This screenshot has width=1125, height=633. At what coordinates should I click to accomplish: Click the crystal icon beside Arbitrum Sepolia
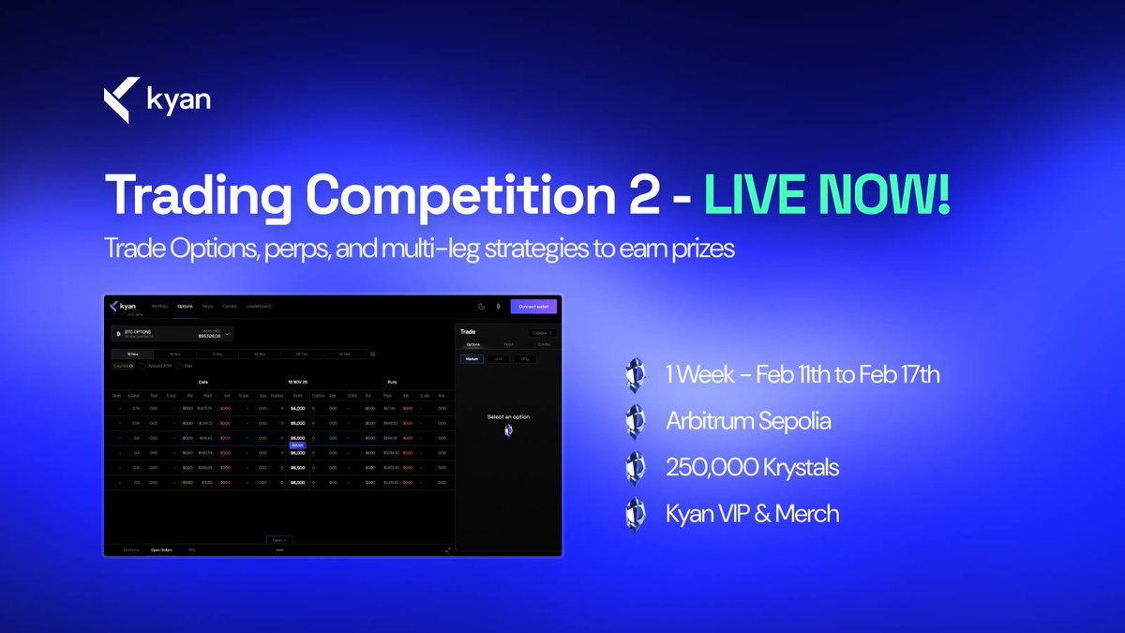click(636, 421)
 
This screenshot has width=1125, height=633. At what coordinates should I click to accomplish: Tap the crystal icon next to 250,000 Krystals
click(636, 467)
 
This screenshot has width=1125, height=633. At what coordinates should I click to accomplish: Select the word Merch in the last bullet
click(809, 514)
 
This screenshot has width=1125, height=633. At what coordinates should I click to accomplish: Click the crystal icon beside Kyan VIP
click(636, 514)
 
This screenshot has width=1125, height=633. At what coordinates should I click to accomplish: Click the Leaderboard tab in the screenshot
click(259, 307)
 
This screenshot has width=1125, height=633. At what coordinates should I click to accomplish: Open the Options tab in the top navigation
click(185, 307)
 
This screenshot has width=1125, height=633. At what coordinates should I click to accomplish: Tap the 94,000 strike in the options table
click(297, 409)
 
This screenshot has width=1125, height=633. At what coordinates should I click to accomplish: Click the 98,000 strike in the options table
click(297, 481)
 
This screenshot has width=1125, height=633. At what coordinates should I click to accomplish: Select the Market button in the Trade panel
click(472, 358)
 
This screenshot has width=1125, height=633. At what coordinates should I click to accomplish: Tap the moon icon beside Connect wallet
click(481, 307)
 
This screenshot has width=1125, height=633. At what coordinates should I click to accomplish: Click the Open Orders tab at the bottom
click(162, 550)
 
